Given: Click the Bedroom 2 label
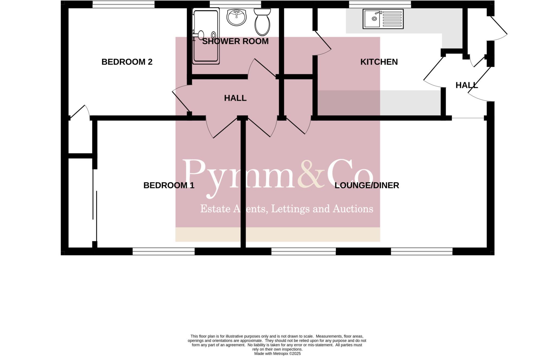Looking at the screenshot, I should point(127,62).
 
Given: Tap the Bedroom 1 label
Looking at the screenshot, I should point(169,185).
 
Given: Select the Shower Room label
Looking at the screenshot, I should point(235,41).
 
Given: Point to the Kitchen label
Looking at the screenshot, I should point(379,62).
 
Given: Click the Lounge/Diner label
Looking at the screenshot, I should point(367,185).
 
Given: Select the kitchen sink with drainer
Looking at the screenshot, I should point(383,19).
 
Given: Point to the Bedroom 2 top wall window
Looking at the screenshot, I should point(124,4).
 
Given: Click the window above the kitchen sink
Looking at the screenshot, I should point(380,4).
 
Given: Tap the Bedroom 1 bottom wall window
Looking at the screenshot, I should point(163,251).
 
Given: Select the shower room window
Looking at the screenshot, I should point(235,4).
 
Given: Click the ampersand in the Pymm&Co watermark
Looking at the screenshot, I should point(311,175).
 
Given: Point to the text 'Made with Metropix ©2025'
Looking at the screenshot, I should point(277,353).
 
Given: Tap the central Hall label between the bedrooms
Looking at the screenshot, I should point(235,98).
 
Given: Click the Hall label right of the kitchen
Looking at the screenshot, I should point(466,85).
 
